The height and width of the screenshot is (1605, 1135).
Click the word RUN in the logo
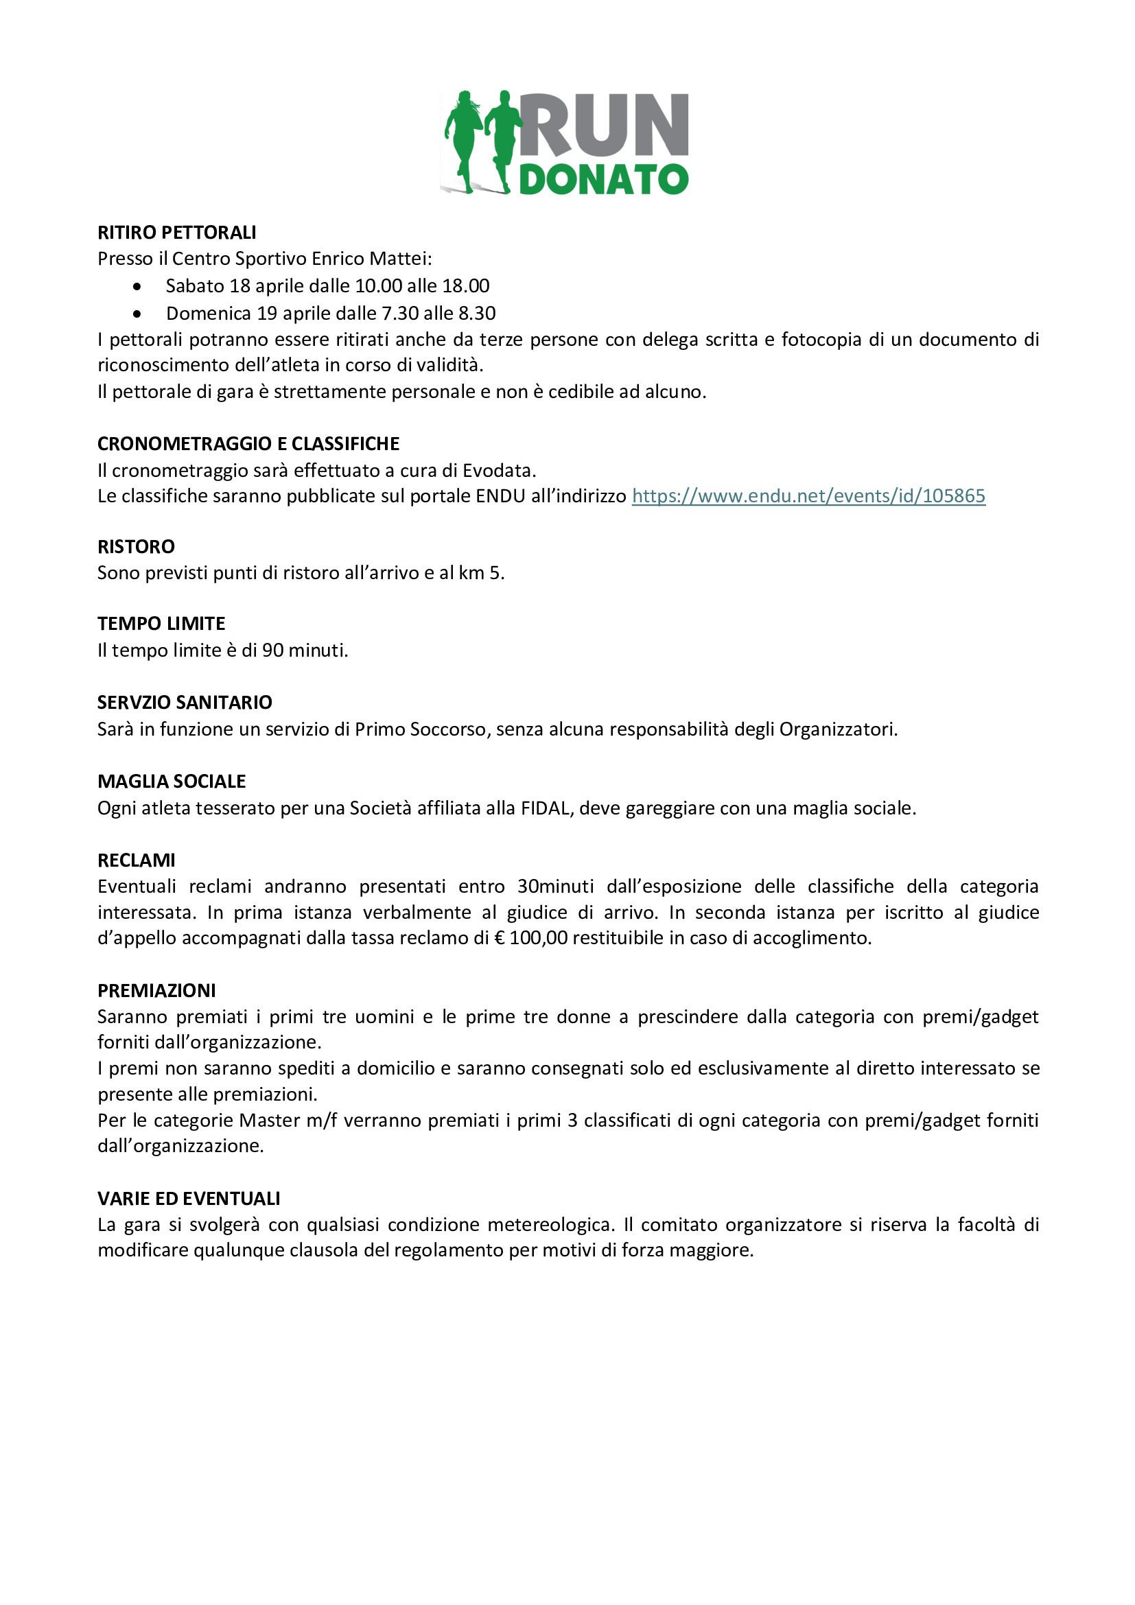(x=605, y=126)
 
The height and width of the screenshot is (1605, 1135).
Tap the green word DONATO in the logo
(x=604, y=180)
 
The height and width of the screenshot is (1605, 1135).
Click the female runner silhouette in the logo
(x=462, y=140)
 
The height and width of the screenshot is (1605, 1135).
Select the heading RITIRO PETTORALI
(x=177, y=232)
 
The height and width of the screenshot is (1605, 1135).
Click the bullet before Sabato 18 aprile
(x=137, y=287)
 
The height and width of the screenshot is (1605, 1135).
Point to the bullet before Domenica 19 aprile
(x=137, y=314)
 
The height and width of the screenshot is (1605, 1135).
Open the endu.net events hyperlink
(x=808, y=496)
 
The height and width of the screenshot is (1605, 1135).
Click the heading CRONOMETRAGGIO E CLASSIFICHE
(x=248, y=444)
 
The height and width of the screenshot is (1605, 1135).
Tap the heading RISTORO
(x=137, y=547)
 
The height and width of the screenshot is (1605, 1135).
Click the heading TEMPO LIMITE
(x=161, y=624)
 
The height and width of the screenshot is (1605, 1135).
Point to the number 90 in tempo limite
(x=272, y=651)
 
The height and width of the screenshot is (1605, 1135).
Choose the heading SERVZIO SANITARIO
(x=185, y=703)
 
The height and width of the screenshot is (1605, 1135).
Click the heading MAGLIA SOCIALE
(x=172, y=782)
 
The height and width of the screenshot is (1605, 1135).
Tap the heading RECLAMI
(x=137, y=860)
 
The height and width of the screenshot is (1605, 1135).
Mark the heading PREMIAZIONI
(x=156, y=991)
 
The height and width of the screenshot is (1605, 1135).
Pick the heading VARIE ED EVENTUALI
(x=189, y=1199)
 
